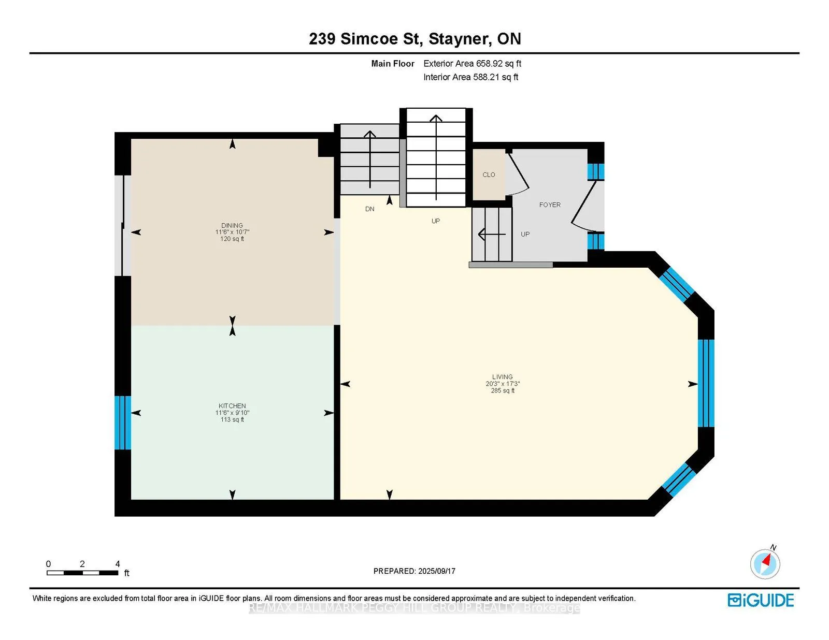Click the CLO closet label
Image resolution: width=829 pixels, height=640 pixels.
click(x=489, y=174)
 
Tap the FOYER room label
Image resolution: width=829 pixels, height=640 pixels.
click(x=550, y=205)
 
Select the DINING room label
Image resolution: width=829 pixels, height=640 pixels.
click(x=232, y=225)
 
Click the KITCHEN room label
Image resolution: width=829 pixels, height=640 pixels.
click(x=232, y=406)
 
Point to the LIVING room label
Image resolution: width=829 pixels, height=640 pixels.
click(x=502, y=377)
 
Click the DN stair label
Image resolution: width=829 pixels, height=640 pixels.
click(x=369, y=209)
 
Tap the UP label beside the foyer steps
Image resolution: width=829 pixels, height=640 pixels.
click(x=525, y=234)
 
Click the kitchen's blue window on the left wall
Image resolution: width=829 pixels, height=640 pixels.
click(x=123, y=423)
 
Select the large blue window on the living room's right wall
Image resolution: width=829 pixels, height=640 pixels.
click(x=706, y=383)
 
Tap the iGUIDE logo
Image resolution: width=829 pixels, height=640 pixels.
click(x=761, y=600)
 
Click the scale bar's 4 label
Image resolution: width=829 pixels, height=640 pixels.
click(x=118, y=564)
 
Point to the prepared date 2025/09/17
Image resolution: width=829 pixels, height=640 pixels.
click(x=436, y=571)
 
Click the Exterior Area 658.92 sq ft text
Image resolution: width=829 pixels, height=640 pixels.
click(x=472, y=64)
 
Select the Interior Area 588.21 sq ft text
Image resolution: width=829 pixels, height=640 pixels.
click(x=470, y=77)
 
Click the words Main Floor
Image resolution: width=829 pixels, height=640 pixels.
click(x=393, y=64)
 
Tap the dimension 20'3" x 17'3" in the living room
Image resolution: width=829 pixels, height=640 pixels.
click(x=502, y=384)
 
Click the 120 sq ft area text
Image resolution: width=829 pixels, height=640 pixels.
click(x=232, y=239)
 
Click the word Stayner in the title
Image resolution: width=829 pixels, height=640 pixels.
click(x=459, y=39)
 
